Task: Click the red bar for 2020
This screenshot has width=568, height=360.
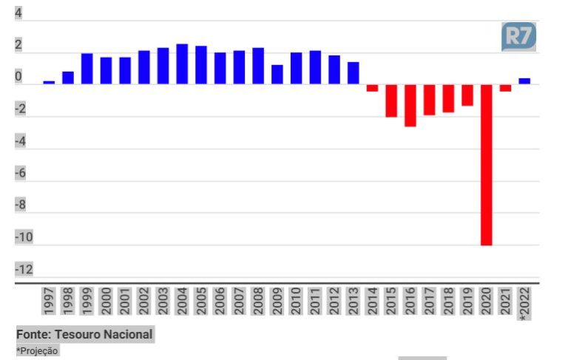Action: (x=486, y=164)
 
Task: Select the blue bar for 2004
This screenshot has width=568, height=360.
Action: (x=182, y=64)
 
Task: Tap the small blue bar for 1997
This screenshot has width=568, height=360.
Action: (x=49, y=82)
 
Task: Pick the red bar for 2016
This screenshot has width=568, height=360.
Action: (x=410, y=105)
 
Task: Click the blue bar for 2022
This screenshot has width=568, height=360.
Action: (x=524, y=81)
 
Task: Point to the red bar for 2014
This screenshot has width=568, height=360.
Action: (x=372, y=88)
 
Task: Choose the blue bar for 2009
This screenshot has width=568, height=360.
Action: (x=277, y=74)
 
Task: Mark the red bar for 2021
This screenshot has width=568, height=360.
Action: (x=505, y=88)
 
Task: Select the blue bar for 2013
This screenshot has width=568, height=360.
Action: (x=354, y=72)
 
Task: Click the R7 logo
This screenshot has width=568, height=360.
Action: (x=518, y=37)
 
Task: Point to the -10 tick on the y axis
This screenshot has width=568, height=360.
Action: (x=24, y=237)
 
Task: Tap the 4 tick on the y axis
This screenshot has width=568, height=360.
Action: (x=18, y=13)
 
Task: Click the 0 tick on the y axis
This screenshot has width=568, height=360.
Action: (x=18, y=77)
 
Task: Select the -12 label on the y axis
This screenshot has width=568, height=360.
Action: (x=24, y=268)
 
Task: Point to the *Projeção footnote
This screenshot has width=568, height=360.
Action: (x=37, y=350)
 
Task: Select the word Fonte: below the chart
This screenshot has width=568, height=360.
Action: (x=33, y=334)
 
